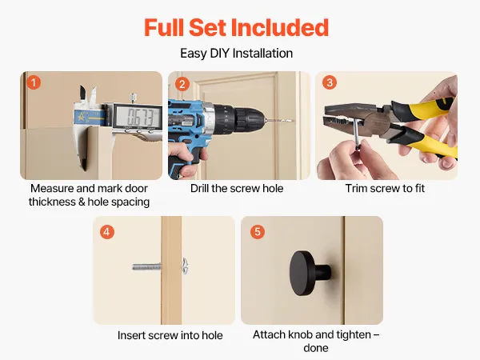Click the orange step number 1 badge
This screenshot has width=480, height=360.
click(x=34, y=82)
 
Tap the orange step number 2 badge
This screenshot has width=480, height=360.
click(x=182, y=84)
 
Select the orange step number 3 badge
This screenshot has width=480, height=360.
click(x=330, y=82)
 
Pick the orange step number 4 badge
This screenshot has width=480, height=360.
click(x=107, y=232)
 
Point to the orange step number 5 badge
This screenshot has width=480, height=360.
click(x=258, y=232)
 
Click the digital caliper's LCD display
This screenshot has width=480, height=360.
click(x=138, y=116)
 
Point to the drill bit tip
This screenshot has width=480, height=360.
click(x=293, y=121)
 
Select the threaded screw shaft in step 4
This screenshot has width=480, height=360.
click(x=146, y=267)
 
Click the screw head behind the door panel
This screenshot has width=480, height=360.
click(x=185, y=266)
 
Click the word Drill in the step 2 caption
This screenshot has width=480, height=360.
click(x=199, y=188)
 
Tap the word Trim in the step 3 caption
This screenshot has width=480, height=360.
click(x=356, y=188)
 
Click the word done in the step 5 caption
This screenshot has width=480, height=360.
click(x=316, y=348)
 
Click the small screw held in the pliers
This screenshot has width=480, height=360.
click(x=356, y=134)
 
